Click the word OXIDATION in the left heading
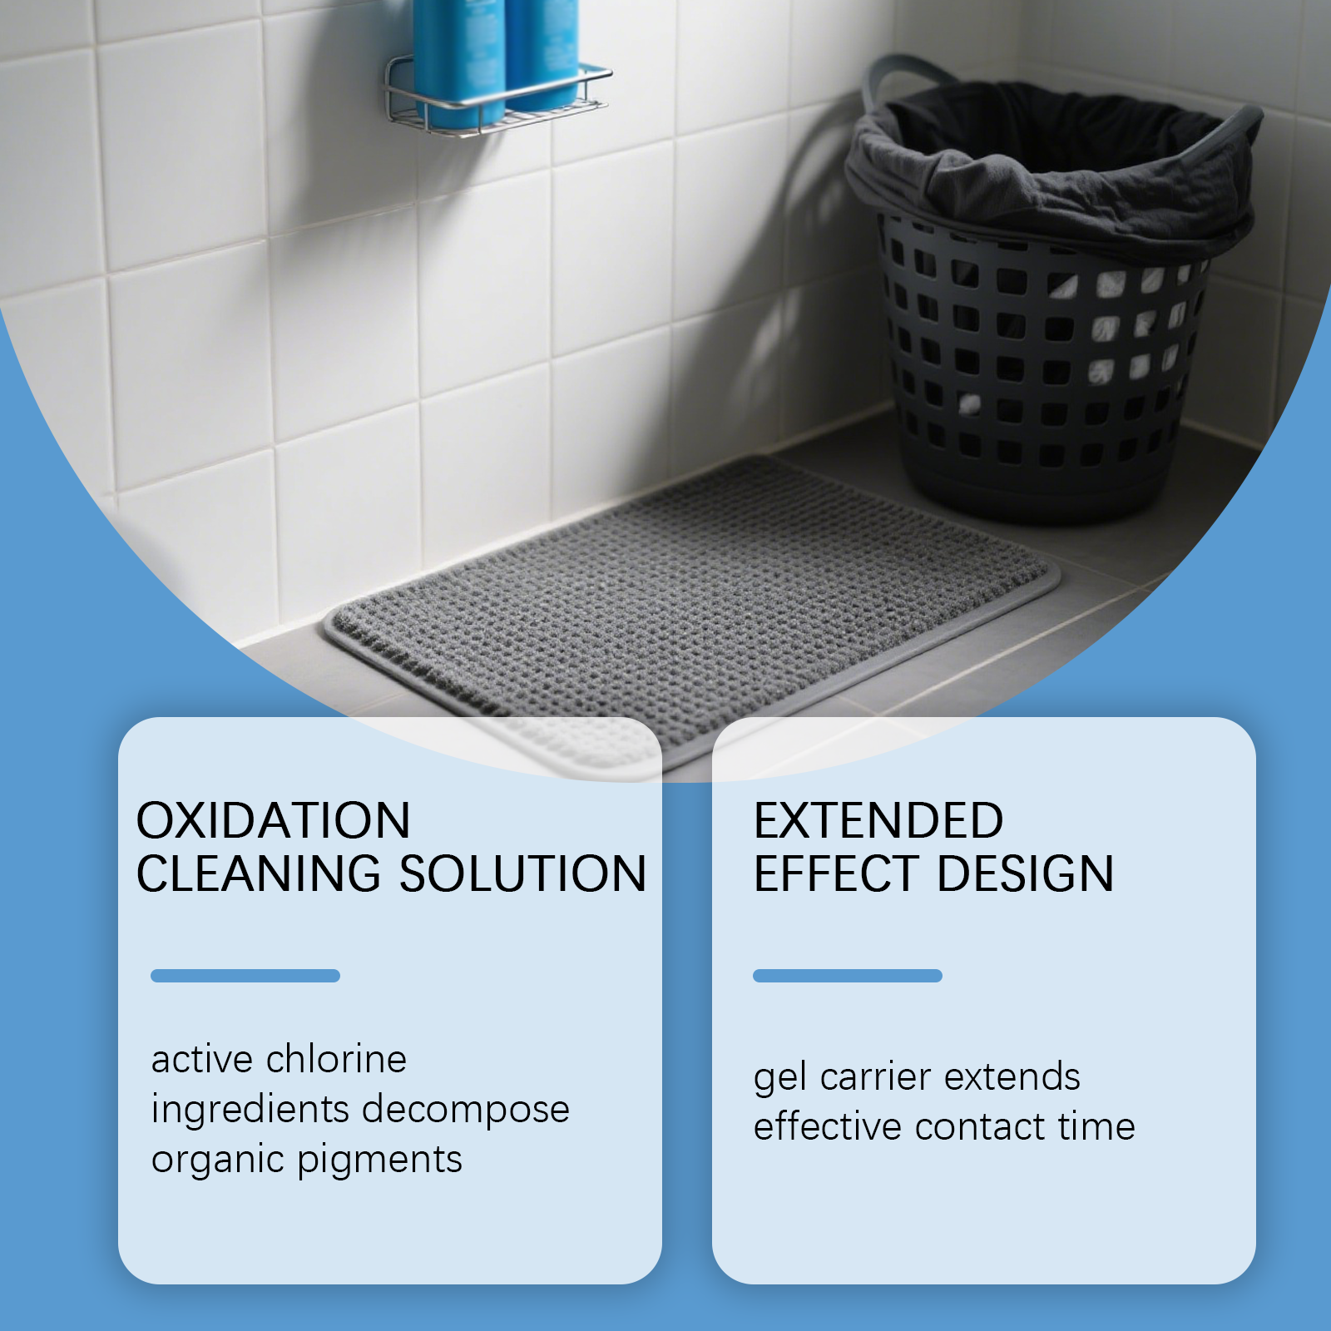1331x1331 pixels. (273, 820)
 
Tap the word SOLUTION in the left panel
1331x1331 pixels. (523, 873)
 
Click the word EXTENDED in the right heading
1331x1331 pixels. (878, 820)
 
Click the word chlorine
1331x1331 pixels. (336, 1059)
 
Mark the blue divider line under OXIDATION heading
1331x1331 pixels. (245, 976)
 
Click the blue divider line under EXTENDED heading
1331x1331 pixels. (848, 976)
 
